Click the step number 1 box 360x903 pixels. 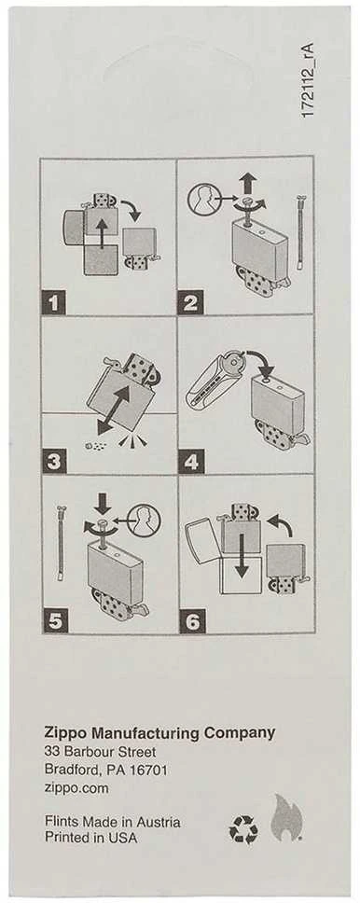54,302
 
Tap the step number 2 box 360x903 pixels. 191,303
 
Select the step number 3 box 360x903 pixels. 54,462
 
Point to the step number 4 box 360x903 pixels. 189,462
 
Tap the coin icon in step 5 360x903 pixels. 144,520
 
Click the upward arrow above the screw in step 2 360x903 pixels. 249,185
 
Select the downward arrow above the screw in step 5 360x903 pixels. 104,504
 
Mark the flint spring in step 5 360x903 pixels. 61,543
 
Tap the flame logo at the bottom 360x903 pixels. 287,817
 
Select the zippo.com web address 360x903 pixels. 76,788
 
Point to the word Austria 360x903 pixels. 159,822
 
